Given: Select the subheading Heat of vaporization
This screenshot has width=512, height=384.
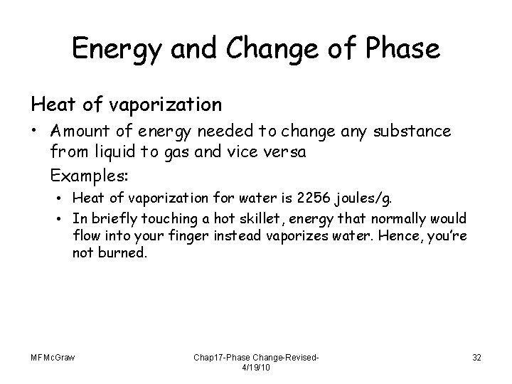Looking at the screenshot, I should point(126,105).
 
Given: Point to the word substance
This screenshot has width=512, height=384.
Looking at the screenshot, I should point(417,132).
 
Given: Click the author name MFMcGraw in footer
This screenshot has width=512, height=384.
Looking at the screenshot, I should point(53,357).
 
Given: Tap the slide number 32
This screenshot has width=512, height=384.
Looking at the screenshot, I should point(476,357).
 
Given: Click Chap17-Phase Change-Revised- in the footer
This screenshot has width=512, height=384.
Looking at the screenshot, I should point(255,357).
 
